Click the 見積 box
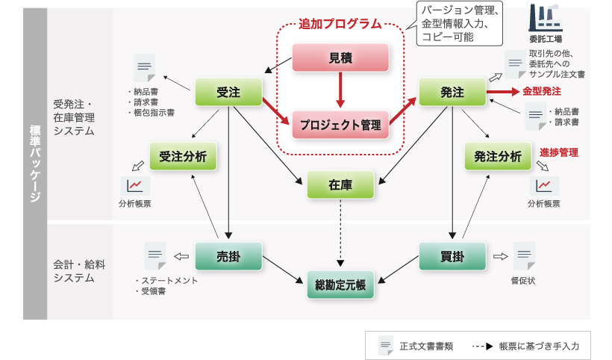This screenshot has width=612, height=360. click(x=340, y=58)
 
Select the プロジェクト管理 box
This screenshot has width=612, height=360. click(x=340, y=125)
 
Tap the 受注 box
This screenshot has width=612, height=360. click(x=228, y=92)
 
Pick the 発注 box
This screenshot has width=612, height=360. click(x=452, y=92)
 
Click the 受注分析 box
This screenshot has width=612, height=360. click(x=183, y=156)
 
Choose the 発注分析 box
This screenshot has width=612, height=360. click(x=498, y=156)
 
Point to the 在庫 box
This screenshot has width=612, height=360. click(x=340, y=184)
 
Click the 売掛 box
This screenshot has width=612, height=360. click(x=228, y=256)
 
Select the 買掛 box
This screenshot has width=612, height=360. click(x=452, y=256)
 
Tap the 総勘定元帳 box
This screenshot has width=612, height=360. click(x=340, y=285)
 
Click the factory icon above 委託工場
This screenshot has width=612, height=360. click(x=546, y=18)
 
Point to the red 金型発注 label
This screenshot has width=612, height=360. click(x=542, y=91)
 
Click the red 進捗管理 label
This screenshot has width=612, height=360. click(x=559, y=152)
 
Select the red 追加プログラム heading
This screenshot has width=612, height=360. click(x=340, y=24)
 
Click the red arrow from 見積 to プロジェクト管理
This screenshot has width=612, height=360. click(x=340, y=90)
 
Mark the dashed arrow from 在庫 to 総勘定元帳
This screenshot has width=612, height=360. click(x=340, y=233)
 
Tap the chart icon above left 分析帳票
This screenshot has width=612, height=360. click(x=135, y=186)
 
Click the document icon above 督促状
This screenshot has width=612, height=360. click(x=524, y=255)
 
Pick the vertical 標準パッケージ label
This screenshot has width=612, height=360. click(x=35, y=164)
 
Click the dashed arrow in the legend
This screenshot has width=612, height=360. click(x=482, y=346)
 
